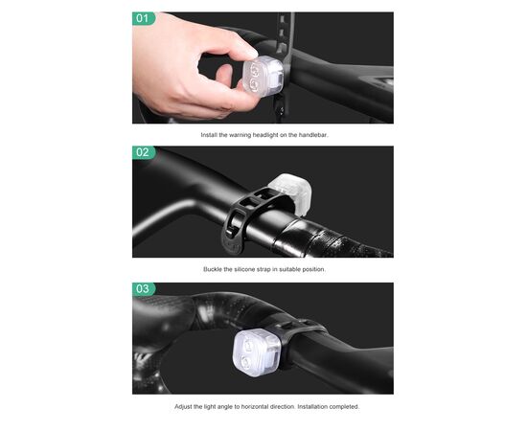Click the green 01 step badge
coord(144,18)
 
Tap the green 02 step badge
coord(144,152)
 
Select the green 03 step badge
coord(144,289)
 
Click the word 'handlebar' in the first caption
coord(313,135)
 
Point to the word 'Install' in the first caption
coord(209,135)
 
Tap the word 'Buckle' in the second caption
coord(213,269)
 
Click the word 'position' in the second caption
coord(314,269)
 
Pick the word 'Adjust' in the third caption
coord(183,406)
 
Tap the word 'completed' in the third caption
coord(344,406)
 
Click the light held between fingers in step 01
coord(263,76)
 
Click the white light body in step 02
coord(289,194)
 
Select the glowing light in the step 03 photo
coord(257,352)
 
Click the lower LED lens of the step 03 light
coord(247,362)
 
